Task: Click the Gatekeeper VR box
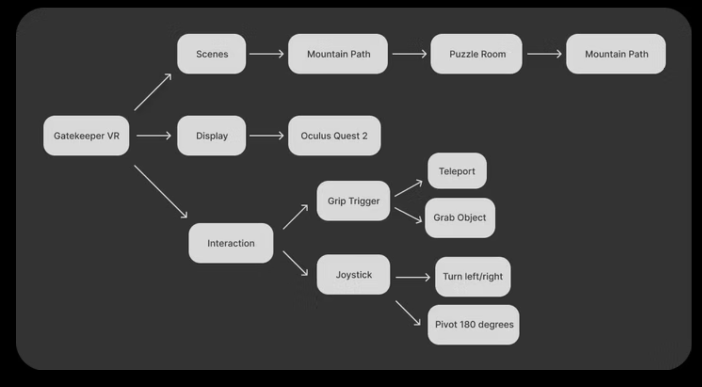[86, 136]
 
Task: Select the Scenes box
[211, 54]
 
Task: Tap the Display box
[211, 136]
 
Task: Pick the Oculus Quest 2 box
[334, 136]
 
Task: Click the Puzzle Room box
[476, 54]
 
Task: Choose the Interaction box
[231, 243]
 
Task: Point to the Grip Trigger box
[353, 201]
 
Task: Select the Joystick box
[353, 275]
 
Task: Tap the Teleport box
[457, 171]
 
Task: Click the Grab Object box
[460, 218]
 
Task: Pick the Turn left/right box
[473, 277]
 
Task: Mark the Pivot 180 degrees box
[473, 325]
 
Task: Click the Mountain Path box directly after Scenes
[338, 54]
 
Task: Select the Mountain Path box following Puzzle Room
[616, 54]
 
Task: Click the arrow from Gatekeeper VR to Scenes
[153, 92]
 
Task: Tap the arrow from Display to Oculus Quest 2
[267, 136]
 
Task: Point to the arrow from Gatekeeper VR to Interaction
[160, 191]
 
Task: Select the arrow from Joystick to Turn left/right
[413, 277]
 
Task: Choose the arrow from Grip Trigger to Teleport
[408, 189]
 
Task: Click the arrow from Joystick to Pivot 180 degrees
[408, 313]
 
